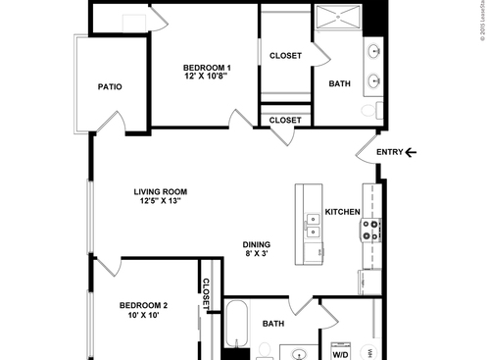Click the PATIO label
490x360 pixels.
pos(110,86)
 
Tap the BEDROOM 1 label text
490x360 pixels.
pos(206,66)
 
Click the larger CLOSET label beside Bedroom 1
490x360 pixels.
pos(285,56)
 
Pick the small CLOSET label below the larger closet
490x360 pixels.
pos(285,120)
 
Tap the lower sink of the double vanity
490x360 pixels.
pos(374,81)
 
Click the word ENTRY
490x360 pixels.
pos(389,151)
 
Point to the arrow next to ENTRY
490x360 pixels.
pos(411,151)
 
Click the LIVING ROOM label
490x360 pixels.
pos(162,192)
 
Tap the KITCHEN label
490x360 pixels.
pos(343,212)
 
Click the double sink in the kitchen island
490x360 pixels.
pos(313,233)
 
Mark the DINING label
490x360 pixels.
pos(257,245)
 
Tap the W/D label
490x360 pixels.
pos(340,355)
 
